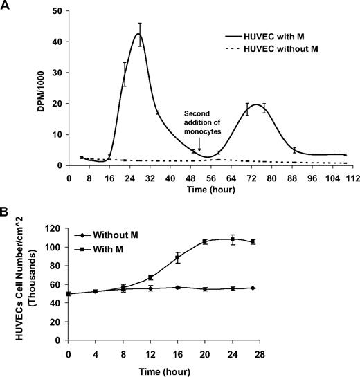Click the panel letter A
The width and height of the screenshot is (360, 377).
6,6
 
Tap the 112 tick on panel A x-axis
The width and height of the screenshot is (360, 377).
352,176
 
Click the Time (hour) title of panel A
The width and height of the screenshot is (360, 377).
210,188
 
